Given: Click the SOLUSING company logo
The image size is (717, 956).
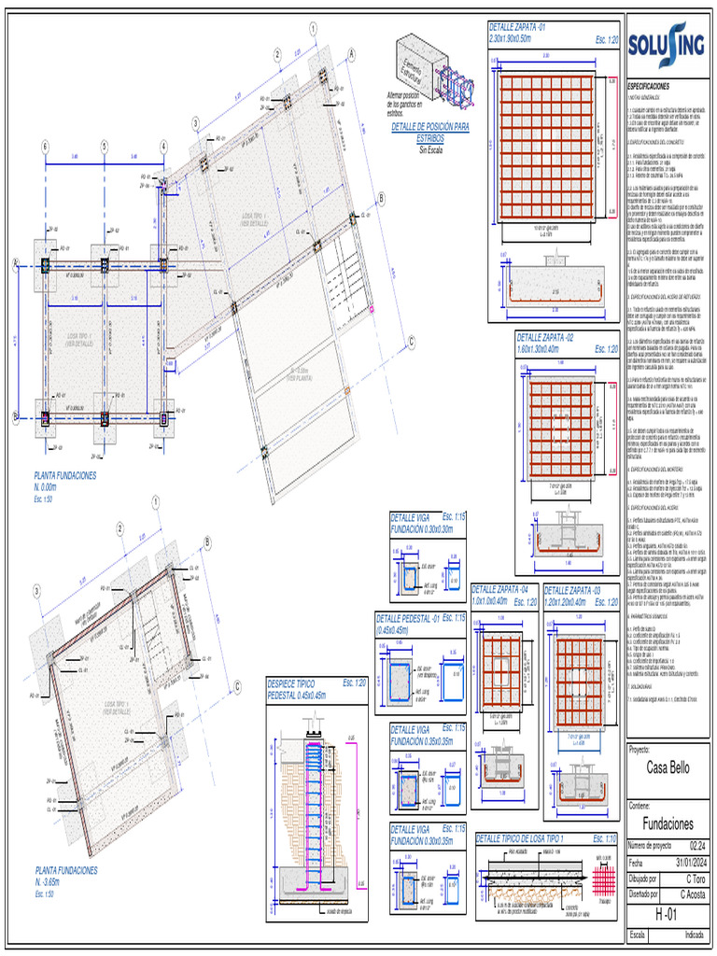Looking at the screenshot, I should click(667, 46).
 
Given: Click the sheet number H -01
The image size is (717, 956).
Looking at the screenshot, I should click(666, 913).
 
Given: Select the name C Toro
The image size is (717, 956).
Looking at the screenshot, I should click(694, 879).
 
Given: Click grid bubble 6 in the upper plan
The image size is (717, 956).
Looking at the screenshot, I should click(44, 146).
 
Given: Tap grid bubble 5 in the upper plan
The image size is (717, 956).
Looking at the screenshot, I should click(105, 146).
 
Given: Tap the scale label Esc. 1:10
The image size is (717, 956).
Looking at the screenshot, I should click(605, 837).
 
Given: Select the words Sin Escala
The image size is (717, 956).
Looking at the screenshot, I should click(430, 149).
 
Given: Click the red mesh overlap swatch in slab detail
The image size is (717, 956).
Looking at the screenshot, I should click(605, 881).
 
